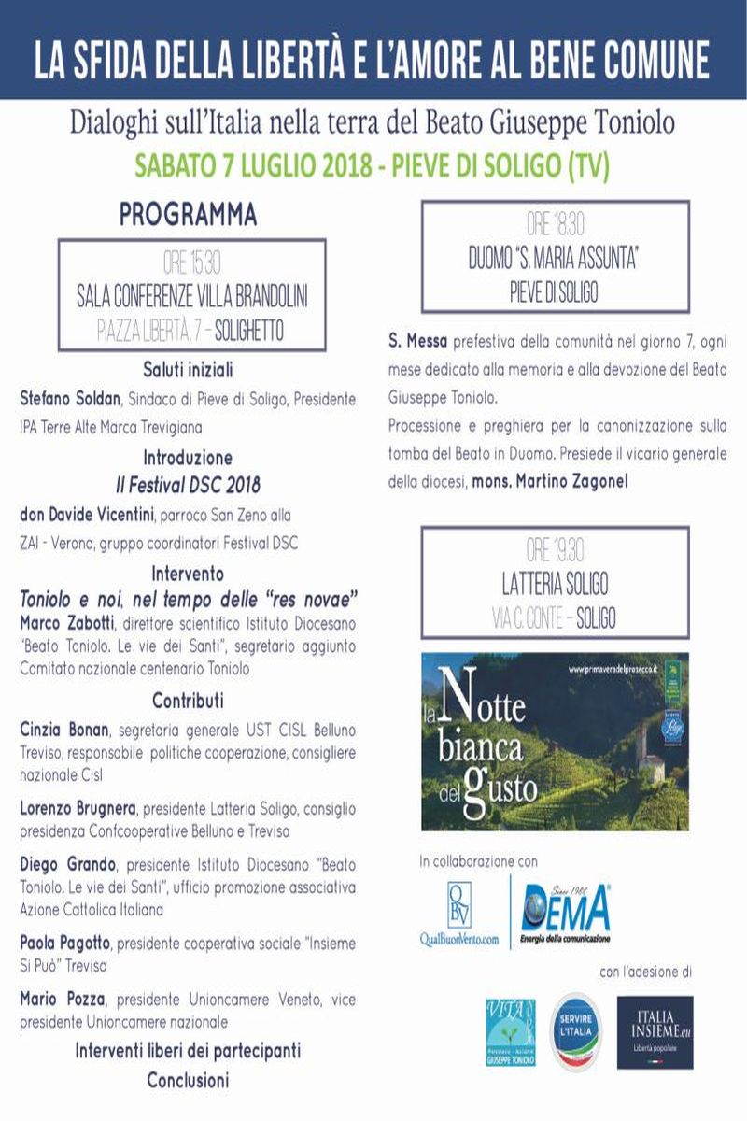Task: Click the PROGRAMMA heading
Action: point(188,215)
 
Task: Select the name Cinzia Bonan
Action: point(62,730)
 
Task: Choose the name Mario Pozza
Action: point(60,1000)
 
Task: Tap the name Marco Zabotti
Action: point(63,621)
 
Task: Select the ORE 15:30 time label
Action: point(191,263)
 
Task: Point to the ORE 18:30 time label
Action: point(555,224)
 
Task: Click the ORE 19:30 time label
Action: point(555,551)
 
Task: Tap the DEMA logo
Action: point(567,911)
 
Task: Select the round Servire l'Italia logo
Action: point(575,1030)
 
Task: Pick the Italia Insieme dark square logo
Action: point(655,1030)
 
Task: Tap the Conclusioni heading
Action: point(188,1080)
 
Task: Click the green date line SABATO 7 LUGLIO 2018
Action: point(373,166)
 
